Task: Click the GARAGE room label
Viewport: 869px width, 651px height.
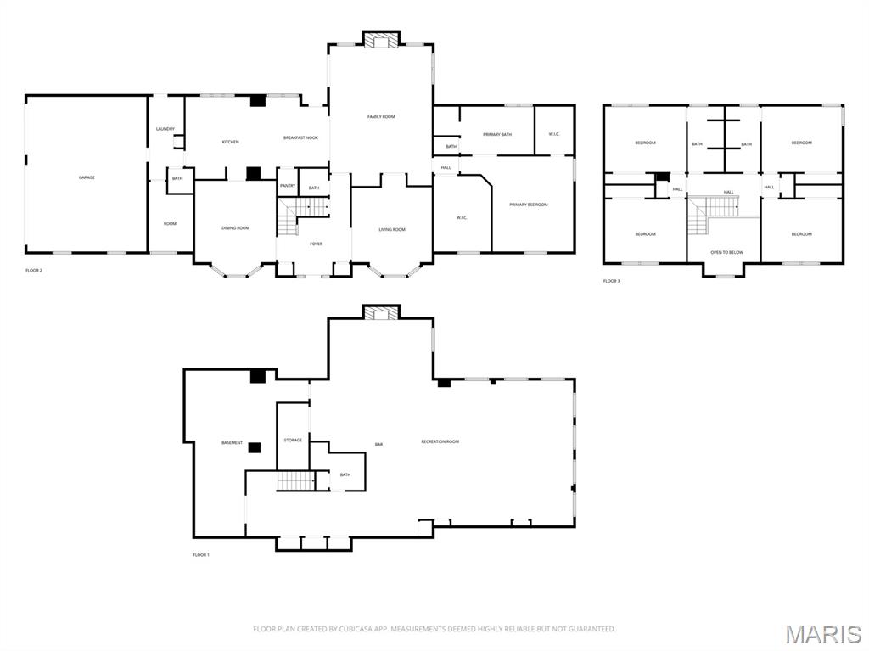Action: pos(87,177)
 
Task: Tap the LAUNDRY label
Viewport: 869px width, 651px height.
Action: pos(165,129)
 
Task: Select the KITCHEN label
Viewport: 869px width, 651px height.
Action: pos(230,142)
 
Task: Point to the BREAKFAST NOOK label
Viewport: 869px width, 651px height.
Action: pos(300,137)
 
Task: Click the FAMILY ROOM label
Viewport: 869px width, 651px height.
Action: pos(381,116)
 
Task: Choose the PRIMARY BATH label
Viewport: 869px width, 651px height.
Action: pos(497,134)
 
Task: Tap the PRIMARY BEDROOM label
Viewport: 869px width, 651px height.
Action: pos(529,205)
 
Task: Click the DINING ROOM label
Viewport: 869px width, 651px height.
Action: pos(235,227)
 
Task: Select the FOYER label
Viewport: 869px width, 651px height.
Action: pos(316,244)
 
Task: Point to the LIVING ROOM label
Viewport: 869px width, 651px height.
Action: pos(392,229)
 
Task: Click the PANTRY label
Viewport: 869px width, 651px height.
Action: pos(287,186)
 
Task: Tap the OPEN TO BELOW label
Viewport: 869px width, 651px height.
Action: pos(726,252)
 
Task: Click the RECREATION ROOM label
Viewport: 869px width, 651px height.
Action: pos(440,441)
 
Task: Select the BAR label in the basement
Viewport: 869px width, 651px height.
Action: pos(380,444)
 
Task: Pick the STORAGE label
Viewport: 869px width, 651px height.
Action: pos(293,440)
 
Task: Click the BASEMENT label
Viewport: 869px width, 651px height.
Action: pos(232,442)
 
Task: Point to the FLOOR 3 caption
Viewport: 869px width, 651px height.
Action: pos(611,281)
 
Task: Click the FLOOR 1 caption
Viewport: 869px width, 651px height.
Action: pos(201,554)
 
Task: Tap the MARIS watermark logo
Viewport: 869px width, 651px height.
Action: pos(822,634)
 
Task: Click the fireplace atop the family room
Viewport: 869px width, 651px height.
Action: pos(381,39)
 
